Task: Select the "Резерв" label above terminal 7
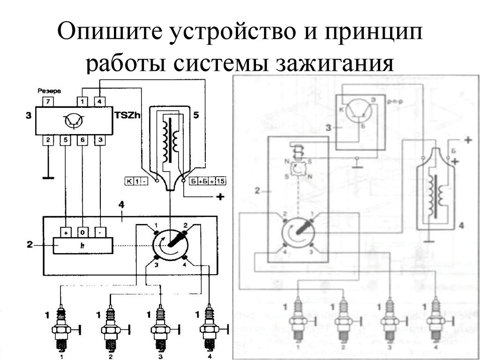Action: coord(48,90)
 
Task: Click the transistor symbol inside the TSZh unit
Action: coord(73,121)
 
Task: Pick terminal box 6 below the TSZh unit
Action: coord(83,140)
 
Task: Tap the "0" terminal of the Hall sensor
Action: coord(83,232)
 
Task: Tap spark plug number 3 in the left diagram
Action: coord(159,328)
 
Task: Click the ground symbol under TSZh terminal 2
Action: coord(47,178)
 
